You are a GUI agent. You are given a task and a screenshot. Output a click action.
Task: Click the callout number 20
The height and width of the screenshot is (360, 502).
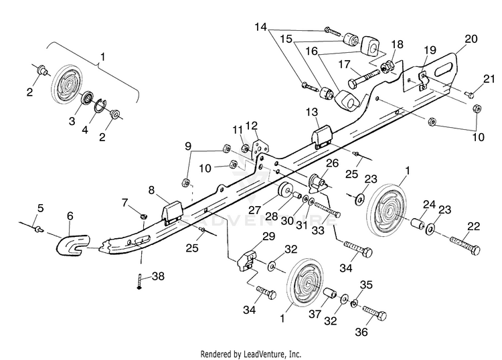(471, 39)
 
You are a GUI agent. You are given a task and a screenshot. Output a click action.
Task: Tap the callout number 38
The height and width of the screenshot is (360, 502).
(158, 276)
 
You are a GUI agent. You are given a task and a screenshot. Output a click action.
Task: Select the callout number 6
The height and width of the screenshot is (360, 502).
(70, 216)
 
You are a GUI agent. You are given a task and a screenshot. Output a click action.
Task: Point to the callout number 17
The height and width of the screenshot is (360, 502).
(345, 64)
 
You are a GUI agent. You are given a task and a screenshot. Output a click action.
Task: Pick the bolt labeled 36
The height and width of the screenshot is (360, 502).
(375, 312)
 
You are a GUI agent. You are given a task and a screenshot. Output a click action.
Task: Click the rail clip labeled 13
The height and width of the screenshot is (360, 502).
(322, 137)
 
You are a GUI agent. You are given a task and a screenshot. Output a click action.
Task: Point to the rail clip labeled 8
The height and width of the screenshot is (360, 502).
(173, 212)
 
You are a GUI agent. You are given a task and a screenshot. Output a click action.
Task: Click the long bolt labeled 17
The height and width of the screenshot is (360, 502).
(363, 78)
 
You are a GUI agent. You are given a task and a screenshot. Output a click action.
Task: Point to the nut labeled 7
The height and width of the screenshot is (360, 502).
(143, 217)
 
